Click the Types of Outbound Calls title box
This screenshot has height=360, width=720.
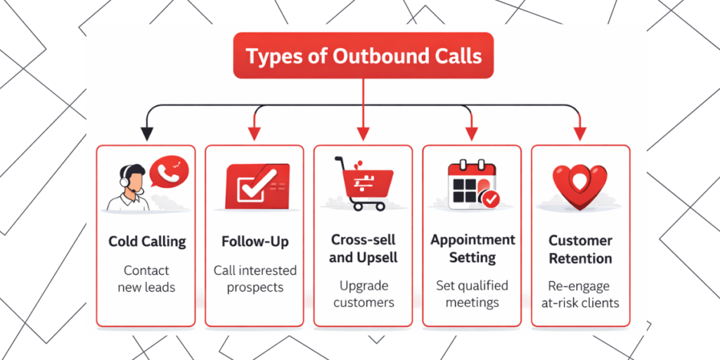pyautogui.click(x=364, y=56)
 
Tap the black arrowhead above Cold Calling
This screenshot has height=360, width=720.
pyautogui.click(x=146, y=132)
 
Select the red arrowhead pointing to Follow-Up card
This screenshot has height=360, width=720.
pyautogui.click(x=254, y=132)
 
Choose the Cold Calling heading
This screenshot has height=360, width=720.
pyautogui.click(x=146, y=241)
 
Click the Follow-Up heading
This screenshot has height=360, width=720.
pyautogui.click(x=255, y=241)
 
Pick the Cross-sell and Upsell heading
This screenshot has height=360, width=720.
pyautogui.click(x=363, y=249)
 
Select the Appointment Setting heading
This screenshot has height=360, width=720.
pyautogui.click(x=472, y=249)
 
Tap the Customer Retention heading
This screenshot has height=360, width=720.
pyautogui.click(x=580, y=249)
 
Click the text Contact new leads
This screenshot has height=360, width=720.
pyautogui.click(x=146, y=278)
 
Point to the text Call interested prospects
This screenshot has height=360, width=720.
pyautogui.click(x=255, y=278)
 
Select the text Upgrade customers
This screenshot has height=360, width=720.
pyautogui.click(x=363, y=294)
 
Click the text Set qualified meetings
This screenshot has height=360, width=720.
pyautogui.click(x=472, y=294)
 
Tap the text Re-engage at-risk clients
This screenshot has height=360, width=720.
pyautogui.click(x=580, y=294)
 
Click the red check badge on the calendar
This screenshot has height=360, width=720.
pyautogui.click(x=489, y=199)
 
